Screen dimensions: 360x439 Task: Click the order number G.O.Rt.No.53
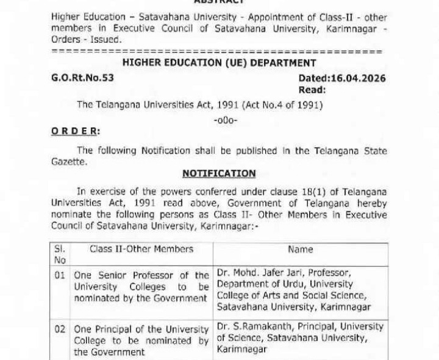[83, 78]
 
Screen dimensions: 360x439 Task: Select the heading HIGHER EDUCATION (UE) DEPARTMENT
[219, 63]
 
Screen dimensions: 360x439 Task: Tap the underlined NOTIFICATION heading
[219, 173]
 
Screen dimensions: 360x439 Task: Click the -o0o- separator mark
[226, 119]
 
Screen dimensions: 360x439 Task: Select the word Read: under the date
[312, 90]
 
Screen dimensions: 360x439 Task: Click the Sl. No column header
[60, 254]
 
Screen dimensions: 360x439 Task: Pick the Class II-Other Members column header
[141, 249]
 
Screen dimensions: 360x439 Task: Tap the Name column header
[301, 249]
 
